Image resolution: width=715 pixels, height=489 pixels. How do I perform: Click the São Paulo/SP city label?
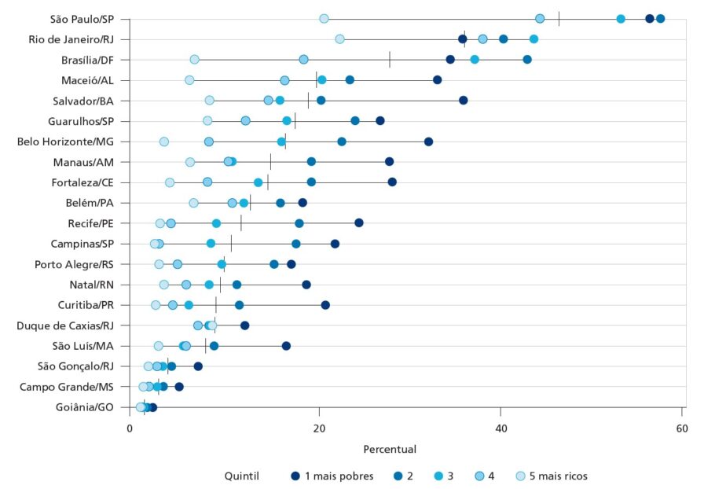pyautogui.click(x=82, y=19)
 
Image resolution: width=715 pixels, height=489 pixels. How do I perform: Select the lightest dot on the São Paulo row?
pyautogui.click(x=324, y=19)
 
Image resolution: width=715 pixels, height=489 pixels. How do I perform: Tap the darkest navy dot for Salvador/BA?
pyautogui.click(x=464, y=101)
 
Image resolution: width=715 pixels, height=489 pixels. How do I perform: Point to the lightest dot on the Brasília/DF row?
pyautogui.click(x=194, y=59)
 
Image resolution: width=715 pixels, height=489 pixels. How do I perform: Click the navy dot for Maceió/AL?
pyautogui.click(x=438, y=80)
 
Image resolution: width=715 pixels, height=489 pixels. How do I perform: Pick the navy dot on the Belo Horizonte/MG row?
pyautogui.click(x=429, y=142)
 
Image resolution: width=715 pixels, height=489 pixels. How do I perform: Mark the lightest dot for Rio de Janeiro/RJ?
pyautogui.click(x=339, y=39)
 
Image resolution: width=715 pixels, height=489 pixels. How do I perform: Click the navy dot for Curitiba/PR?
pyautogui.click(x=325, y=305)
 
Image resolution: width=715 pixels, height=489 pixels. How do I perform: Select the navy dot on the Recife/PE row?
pyautogui.click(x=359, y=223)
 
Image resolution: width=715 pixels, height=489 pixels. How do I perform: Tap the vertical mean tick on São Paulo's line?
pyautogui.click(x=559, y=19)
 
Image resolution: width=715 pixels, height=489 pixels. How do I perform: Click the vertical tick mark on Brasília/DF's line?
pyautogui.click(x=390, y=59)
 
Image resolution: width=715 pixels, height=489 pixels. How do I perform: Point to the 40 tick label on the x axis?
pyautogui.click(x=500, y=428)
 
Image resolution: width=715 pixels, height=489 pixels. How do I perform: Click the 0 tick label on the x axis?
pyautogui.click(x=130, y=428)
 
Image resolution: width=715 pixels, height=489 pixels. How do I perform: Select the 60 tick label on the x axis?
pyautogui.click(x=682, y=428)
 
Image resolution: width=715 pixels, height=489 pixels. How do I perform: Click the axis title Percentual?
pyautogui.click(x=390, y=450)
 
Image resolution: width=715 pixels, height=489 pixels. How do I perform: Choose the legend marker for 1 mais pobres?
pyautogui.click(x=295, y=476)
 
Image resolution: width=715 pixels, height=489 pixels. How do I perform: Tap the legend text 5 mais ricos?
pyautogui.click(x=559, y=476)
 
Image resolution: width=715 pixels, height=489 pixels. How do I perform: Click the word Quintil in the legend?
pyautogui.click(x=242, y=476)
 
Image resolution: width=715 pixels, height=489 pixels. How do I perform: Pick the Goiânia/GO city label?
pyautogui.click(x=84, y=407)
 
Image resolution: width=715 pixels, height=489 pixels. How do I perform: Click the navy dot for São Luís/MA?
pyautogui.click(x=286, y=346)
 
